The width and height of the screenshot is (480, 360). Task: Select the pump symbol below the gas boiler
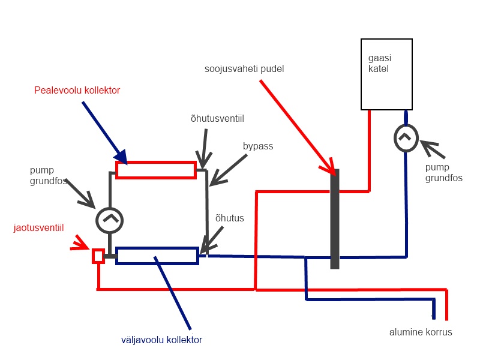tap(406, 137)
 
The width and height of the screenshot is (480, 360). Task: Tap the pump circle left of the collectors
tap(110, 220)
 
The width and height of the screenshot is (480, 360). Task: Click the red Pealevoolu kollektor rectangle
tap(156, 170)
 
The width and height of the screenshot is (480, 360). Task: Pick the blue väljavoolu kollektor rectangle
tap(157, 256)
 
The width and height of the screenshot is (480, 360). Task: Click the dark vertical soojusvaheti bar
tap(335, 218)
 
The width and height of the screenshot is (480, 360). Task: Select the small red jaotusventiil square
tap(98, 256)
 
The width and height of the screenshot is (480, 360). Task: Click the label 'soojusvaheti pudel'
tap(244, 69)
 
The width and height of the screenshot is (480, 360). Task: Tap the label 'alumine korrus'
tap(420, 332)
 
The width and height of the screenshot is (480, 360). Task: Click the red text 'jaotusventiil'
tap(38, 227)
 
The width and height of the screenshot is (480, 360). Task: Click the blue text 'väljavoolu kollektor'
tap(161, 340)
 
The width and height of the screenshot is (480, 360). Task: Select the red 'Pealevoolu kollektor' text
tap(77, 90)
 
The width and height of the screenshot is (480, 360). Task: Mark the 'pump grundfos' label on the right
tap(444, 173)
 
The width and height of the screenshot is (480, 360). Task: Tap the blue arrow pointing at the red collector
tap(104, 131)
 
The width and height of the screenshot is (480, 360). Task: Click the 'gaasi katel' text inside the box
tap(379, 64)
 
